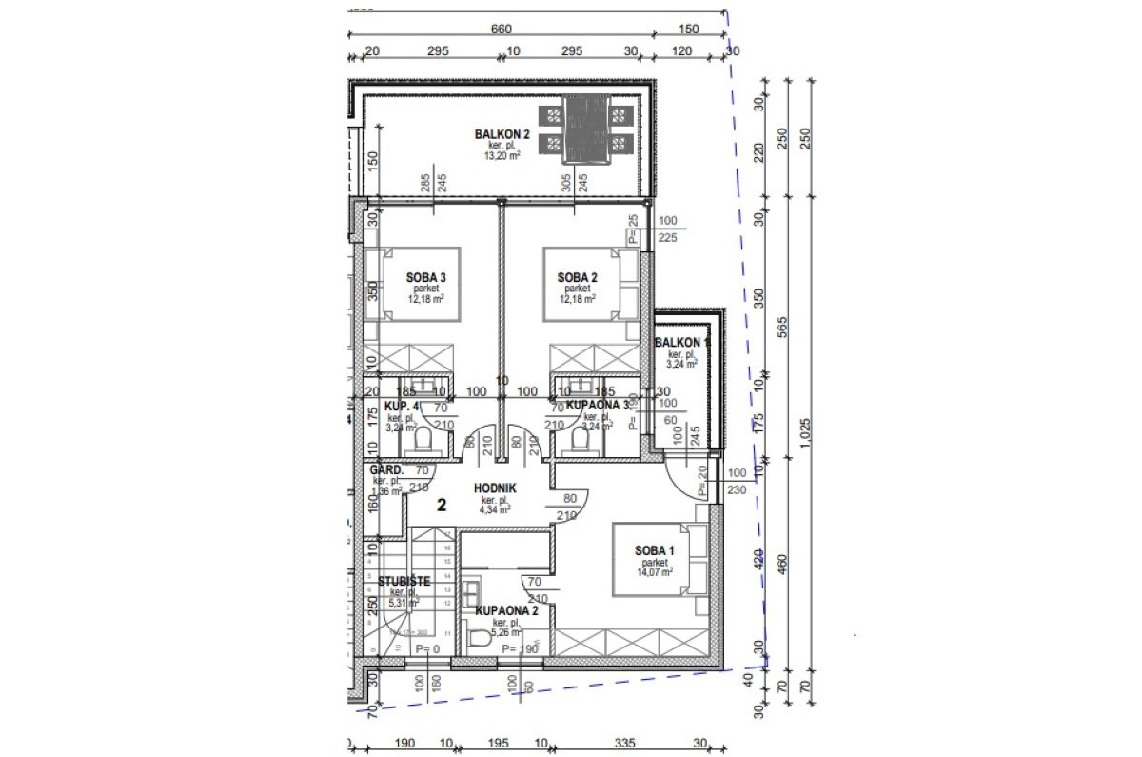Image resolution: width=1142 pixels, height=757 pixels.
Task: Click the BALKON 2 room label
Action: click(502, 134)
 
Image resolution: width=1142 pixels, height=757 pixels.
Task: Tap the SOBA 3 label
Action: click(426, 277)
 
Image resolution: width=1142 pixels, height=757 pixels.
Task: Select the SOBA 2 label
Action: click(577, 277)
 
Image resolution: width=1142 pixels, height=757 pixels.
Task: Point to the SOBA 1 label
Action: click(655, 550)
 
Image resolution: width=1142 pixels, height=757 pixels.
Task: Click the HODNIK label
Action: click(495, 488)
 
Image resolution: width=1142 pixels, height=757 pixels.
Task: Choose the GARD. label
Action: click(387, 469)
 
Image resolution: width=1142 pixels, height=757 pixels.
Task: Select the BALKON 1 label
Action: click(681, 342)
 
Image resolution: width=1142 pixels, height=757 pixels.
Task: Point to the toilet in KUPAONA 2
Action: click(481, 643)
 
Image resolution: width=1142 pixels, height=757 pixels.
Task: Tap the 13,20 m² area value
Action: click(502, 156)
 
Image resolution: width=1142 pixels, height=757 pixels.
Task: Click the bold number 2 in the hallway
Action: click(442, 505)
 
